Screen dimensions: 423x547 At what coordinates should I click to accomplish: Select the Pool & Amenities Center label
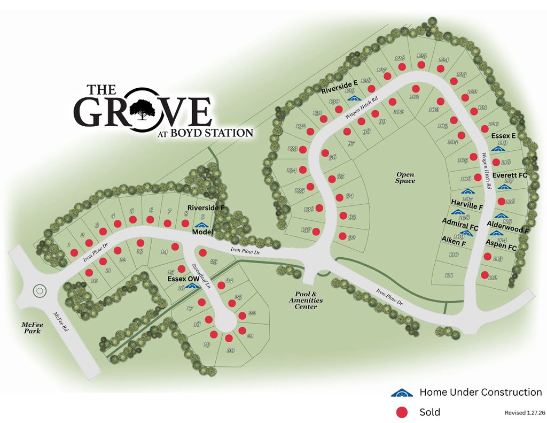(309, 300)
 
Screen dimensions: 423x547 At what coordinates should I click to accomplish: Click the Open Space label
(405, 178)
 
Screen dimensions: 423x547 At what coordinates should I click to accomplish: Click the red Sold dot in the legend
(402, 412)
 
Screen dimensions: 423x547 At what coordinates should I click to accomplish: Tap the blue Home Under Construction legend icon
(402, 393)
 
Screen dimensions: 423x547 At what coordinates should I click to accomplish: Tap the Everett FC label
(510, 175)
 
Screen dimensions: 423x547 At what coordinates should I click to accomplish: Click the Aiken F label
(454, 243)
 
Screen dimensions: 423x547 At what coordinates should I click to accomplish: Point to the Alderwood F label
(508, 229)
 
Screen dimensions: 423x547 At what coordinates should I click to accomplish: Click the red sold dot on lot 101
(415, 88)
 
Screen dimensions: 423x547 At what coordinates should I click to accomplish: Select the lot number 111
(448, 275)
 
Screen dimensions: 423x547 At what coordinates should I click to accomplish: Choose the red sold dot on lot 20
(229, 339)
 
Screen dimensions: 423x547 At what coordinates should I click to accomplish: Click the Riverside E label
(339, 84)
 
